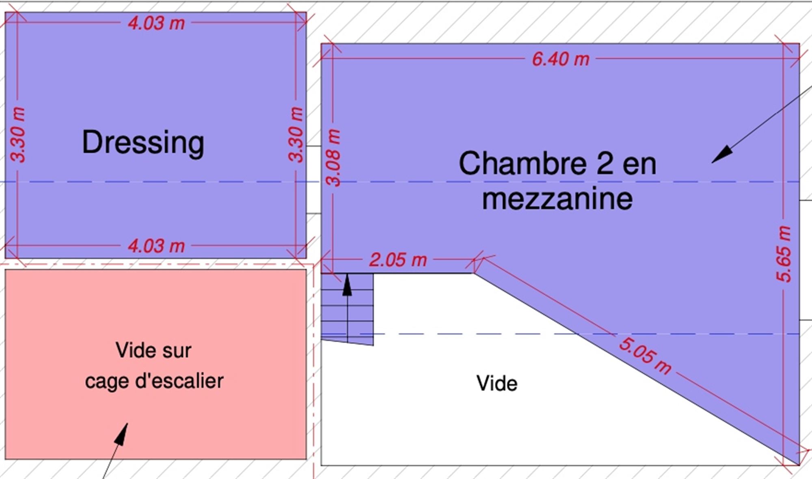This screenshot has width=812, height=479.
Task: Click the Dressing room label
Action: pos(143,142)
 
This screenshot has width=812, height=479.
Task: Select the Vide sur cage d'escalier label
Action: pos(154,365)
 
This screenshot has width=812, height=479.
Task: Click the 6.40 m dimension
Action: pos(560,59)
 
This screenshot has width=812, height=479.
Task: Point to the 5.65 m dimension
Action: pos(784,254)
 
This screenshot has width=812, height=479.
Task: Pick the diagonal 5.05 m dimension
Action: pos(645,355)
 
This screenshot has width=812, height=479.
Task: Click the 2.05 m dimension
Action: pos(398,260)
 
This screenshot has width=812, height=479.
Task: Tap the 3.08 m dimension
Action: pos(334,158)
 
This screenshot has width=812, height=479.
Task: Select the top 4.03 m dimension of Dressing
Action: pos(156,23)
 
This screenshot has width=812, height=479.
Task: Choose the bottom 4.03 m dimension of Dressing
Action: pos(156,246)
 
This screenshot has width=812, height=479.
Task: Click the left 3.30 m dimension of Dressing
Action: pos(18,135)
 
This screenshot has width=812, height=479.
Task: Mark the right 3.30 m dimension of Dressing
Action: pos(296,135)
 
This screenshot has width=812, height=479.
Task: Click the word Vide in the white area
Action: pos(497,384)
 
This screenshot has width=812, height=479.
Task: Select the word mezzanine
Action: pos(557,199)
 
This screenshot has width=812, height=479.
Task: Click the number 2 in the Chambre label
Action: pos(605,163)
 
